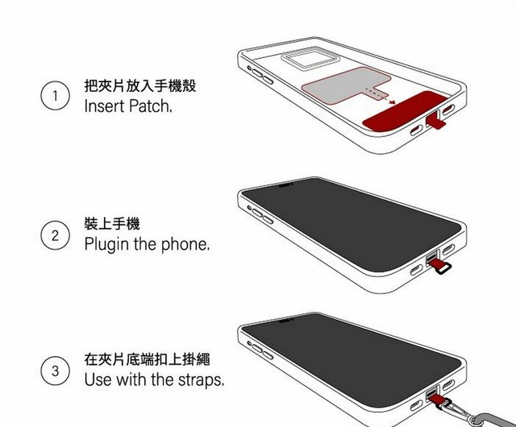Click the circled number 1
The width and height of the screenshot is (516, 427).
coord(56,96)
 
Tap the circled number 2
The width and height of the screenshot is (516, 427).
coord(56,235)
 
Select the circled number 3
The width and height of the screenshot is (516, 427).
coord(56,371)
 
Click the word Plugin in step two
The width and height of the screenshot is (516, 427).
coord(106,245)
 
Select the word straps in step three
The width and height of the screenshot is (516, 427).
coord(201,380)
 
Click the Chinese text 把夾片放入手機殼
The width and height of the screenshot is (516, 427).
coord(140,86)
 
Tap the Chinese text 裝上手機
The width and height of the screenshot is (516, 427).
coord(112,224)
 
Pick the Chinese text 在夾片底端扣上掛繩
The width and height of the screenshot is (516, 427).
coord(147,359)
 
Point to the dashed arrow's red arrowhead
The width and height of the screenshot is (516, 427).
coord(392,102)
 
